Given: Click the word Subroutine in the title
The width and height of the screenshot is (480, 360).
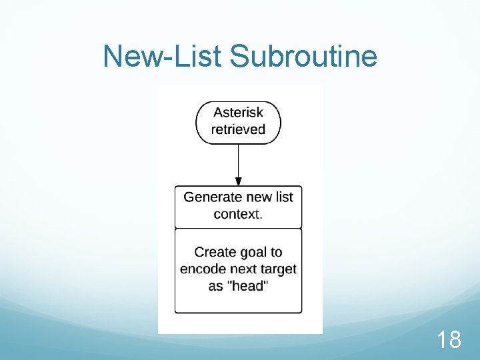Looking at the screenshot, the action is (303, 57).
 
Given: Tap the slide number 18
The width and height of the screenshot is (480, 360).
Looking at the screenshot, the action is (449, 340).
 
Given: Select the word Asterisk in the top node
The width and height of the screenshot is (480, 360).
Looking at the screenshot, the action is (238, 112).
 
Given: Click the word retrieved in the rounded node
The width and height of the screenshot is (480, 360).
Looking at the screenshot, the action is (238, 129).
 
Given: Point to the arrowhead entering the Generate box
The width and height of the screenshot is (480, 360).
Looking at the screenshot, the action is (238, 181).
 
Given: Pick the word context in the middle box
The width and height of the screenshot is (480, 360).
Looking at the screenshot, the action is (237, 214).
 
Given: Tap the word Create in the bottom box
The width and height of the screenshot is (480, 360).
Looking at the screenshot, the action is (215, 252).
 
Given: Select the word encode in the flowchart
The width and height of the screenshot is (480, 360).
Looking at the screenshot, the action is (201, 269).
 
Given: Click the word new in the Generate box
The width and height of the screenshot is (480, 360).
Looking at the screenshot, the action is (259, 197).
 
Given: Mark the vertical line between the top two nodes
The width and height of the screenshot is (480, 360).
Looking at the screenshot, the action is (238, 160).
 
